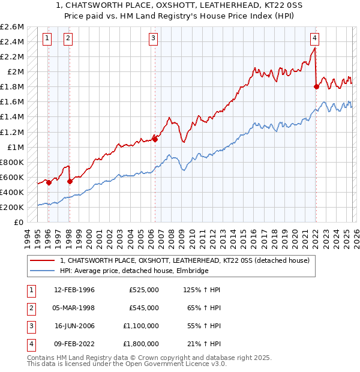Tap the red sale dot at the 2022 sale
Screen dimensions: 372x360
316,86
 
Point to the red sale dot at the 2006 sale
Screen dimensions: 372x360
155,139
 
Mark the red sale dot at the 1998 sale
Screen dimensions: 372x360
70,181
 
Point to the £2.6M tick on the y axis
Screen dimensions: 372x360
12,27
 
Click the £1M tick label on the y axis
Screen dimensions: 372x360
15,147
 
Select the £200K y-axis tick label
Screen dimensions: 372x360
12,207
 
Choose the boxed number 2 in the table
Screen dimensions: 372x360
31,308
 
